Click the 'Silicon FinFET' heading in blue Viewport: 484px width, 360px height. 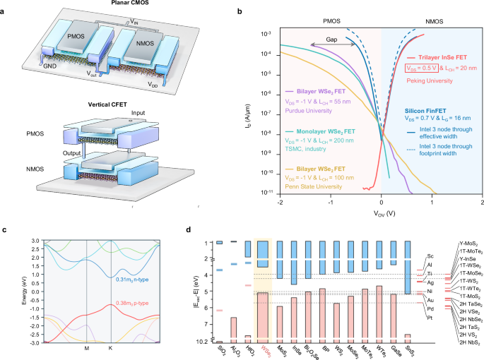tap(429, 112)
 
